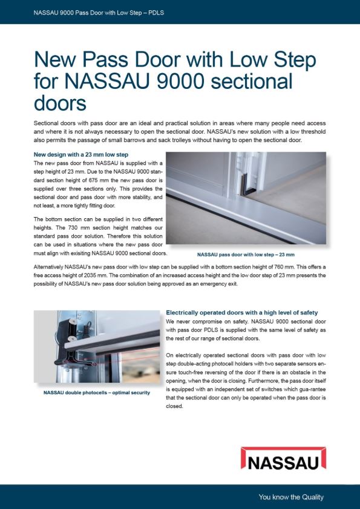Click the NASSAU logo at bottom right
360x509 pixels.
click(x=283, y=458)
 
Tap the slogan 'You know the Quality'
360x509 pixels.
click(x=291, y=497)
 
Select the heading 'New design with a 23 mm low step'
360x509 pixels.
click(x=80, y=155)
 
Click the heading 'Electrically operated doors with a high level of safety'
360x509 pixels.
click(x=241, y=313)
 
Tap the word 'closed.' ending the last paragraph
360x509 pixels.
click(x=174, y=406)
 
